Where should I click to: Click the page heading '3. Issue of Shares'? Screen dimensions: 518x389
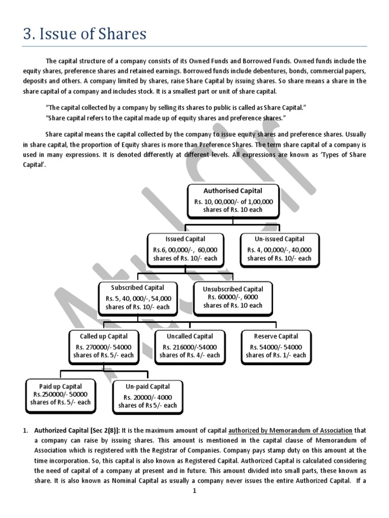(x=85, y=34)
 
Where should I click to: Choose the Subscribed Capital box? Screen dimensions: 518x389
(x=138, y=297)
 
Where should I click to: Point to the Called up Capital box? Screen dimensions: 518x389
(x=104, y=346)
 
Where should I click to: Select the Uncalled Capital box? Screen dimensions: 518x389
(x=190, y=346)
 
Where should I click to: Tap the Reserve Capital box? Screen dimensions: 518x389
(x=276, y=346)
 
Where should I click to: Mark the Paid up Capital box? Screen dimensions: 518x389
(x=60, y=395)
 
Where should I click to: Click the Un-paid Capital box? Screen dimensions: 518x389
(x=147, y=396)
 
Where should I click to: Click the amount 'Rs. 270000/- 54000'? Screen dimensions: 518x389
(x=104, y=347)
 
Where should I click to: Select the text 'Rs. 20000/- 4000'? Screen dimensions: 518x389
(x=148, y=397)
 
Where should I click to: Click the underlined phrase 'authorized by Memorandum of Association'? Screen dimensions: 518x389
(x=290, y=430)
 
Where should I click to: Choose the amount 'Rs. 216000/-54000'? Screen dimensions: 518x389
(x=190, y=347)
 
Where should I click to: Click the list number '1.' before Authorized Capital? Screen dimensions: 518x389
(x=26, y=430)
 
